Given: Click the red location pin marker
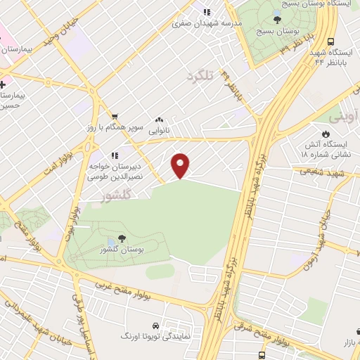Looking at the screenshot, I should pos(181,166).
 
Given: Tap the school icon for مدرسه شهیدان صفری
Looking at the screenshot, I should pos(207,12).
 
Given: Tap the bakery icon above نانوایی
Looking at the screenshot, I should pos(160,120).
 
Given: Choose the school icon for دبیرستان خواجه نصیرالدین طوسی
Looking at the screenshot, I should pos(114,155).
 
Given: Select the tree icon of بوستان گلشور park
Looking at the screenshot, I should pos(122,239).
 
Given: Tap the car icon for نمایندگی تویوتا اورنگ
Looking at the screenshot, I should pos(153,328).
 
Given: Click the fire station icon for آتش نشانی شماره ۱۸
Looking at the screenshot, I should pos(325,134).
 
